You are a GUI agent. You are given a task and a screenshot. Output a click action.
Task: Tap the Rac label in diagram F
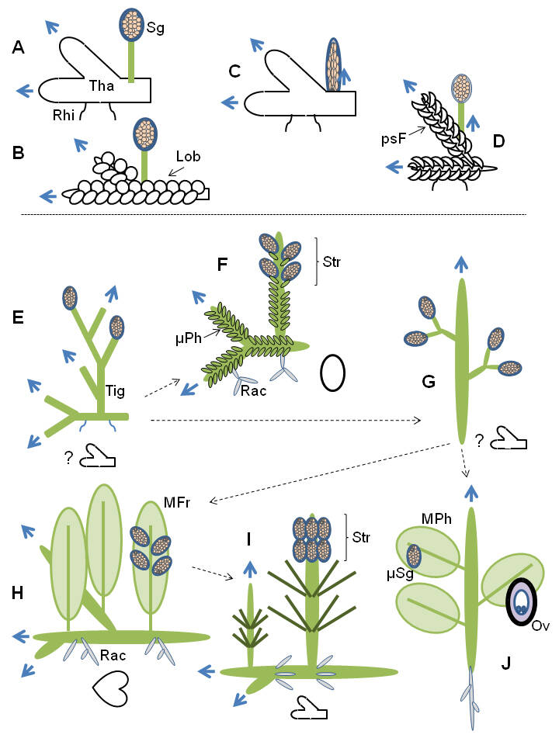[254, 391]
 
